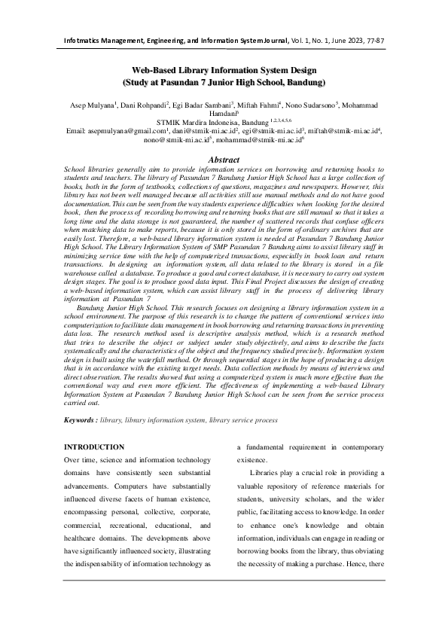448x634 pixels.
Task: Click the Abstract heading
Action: tap(224, 160)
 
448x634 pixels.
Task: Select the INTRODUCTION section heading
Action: tap(94, 447)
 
